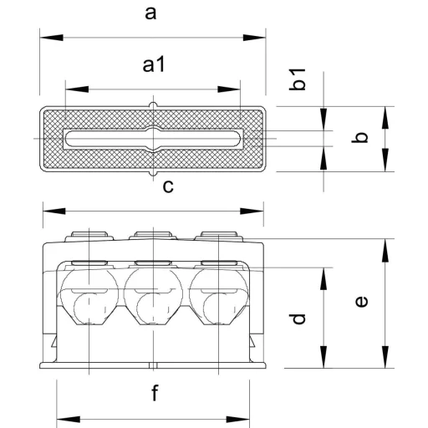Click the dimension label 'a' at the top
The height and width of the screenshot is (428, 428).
(x=150, y=13)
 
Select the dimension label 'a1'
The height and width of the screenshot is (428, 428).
(x=154, y=64)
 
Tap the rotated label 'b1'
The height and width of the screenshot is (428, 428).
(x=298, y=79)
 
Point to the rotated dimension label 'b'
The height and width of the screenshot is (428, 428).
(x=359, y=137)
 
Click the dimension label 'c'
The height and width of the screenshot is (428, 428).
(x=168, y=186)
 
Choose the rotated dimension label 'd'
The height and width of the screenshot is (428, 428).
(x=298, y=318)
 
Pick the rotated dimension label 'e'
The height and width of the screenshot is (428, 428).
(x=362, y=302)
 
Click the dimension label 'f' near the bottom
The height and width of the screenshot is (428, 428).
(x=155, y=392)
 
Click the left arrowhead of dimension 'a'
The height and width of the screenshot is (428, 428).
(x=52, y=38)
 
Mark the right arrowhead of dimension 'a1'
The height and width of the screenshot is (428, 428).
(x=228, y=89)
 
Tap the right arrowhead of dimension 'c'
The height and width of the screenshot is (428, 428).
(x=252, y=211)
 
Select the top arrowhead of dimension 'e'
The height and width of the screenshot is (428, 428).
(x=385, y=250)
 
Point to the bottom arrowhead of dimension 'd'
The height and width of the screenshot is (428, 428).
(x=324, y=357)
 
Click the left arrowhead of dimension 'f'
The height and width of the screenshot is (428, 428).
(x=69, y=420)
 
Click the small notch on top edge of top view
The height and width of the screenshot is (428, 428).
(x=153, y=104)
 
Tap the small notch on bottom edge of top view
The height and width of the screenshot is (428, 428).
(x=153, y=173)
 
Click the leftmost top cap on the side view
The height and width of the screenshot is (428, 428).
(x=89, y=236)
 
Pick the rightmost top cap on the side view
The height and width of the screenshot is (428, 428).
(x=219, y=236)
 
